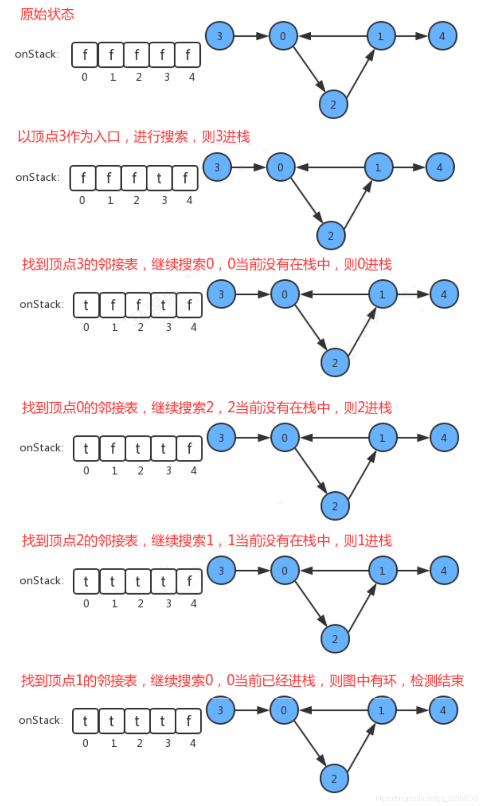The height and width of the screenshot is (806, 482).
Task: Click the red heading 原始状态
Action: click(x=47, y=14)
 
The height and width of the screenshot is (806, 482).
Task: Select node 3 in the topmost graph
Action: click(x=220, y=36)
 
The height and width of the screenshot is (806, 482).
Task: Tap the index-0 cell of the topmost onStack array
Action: click(x=85, y=55)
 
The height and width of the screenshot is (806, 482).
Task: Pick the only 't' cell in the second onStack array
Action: click(x=159, y=178)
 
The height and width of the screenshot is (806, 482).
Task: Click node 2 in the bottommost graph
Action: click(x=334, y=779)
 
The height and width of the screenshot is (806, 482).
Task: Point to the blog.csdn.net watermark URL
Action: click(x=427, y=798)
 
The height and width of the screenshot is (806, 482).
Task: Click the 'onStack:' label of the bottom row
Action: click(x=41, y=720)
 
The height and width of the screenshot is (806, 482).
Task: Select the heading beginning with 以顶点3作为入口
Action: click(x=134, y=137)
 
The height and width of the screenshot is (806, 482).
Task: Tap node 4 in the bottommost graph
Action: click(x=443, y=711)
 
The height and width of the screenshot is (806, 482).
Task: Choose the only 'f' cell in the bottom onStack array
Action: click(x=189, y=721)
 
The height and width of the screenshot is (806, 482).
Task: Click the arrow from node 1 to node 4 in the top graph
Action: click(x=411, y=36)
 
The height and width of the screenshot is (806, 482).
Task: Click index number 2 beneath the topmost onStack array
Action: click(x=139, y=77)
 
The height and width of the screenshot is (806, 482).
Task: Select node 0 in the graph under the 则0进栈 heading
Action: click(x=285, y=295)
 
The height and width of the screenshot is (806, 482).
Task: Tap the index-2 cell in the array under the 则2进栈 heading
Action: click(x=138, y=449)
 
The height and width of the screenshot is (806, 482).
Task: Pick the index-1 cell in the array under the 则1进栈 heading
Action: click(x=112, y=582)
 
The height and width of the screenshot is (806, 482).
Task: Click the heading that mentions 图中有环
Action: click(x=243, y=680)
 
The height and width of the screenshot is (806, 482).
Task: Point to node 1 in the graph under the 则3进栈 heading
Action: click(x=378, y=168)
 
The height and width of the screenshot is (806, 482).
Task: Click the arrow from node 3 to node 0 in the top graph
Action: click(x=251, y=36)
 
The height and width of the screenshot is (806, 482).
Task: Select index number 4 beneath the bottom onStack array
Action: click(x=193, y=743)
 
